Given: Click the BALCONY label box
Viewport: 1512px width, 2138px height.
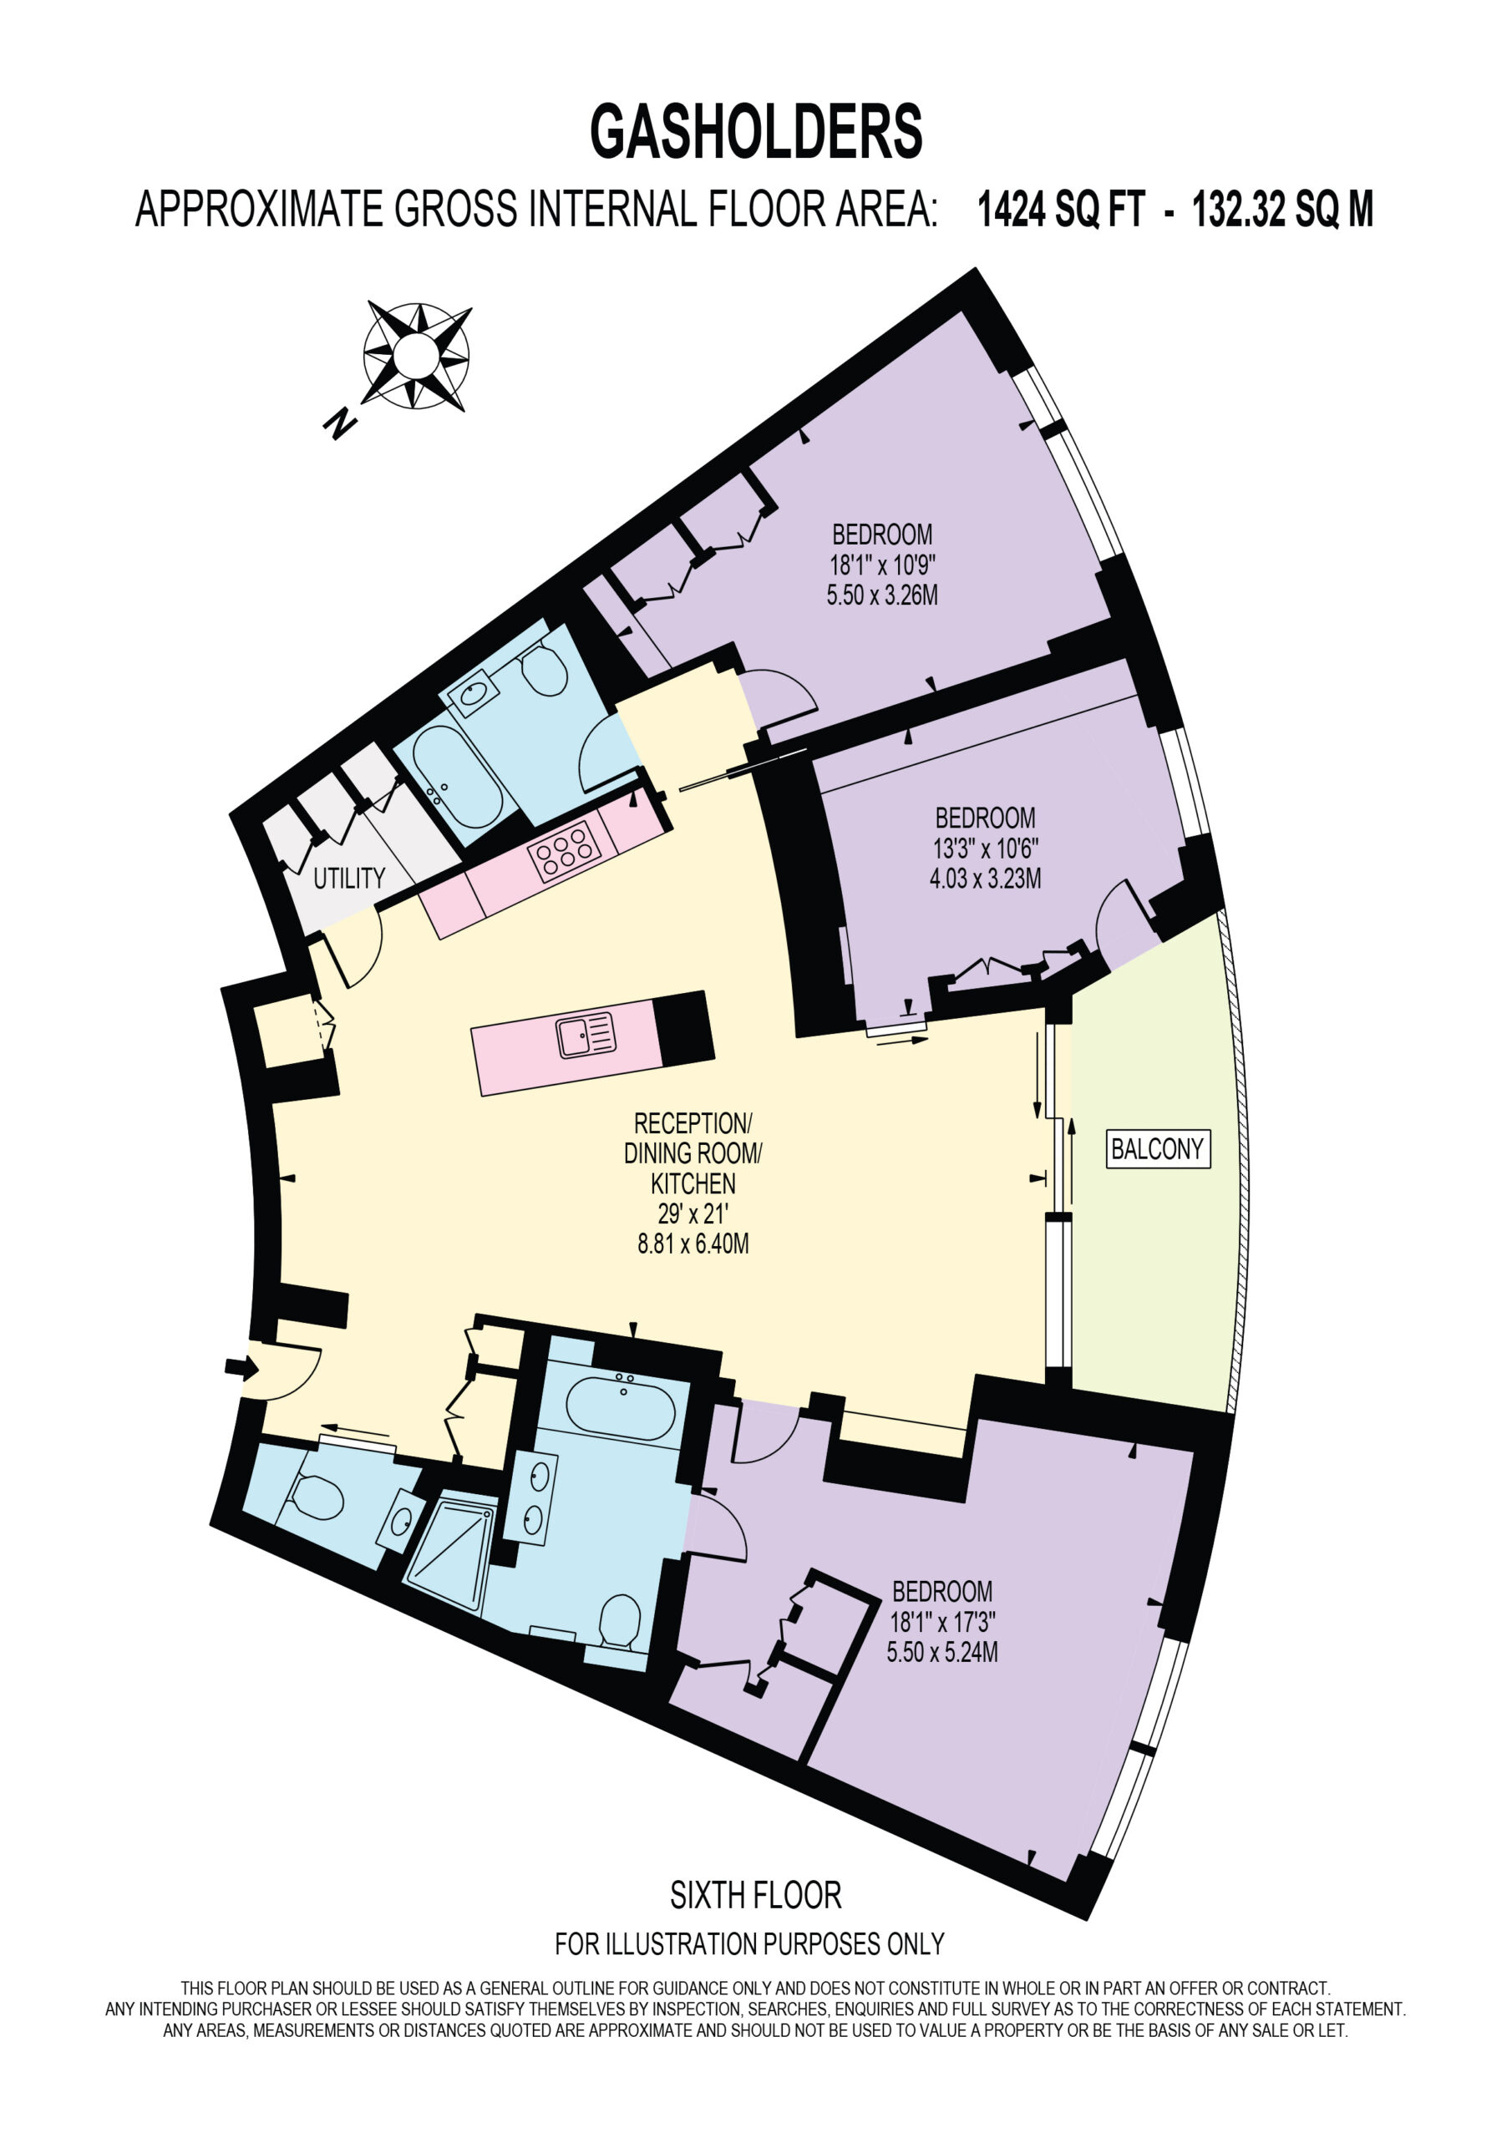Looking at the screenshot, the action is (1158, 1148).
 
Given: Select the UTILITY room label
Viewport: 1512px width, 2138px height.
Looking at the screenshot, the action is (349, 877).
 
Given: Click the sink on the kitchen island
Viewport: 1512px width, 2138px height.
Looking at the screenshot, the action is (586, 1036).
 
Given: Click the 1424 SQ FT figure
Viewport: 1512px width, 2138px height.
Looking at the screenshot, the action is (1060, 209).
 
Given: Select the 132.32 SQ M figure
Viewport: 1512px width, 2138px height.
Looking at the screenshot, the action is (1283, 209).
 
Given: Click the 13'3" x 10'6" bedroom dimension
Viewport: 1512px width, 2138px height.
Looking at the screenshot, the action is (986, 848).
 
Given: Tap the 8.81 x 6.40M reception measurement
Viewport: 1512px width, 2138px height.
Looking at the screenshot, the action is (693, 1244).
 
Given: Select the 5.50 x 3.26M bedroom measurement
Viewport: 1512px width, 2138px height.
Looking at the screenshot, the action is (882, 594).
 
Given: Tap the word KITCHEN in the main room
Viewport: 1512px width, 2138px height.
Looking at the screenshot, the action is (693, 1183).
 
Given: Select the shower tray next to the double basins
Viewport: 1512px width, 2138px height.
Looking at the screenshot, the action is (451, 1549).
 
